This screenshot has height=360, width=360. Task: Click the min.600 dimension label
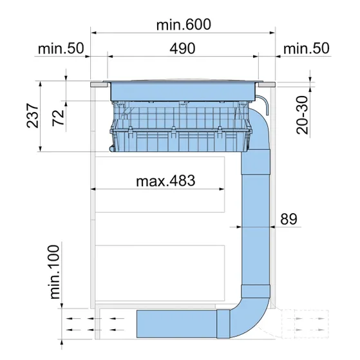184,24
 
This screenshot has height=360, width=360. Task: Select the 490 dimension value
184,49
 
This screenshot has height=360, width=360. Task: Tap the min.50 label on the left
62,49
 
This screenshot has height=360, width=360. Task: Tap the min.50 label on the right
307,49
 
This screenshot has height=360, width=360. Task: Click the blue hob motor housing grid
180,129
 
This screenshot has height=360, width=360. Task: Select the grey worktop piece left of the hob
99,84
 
